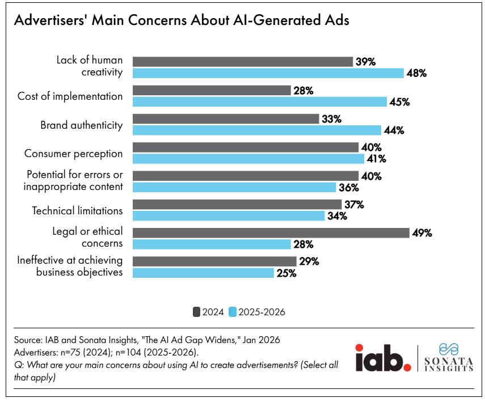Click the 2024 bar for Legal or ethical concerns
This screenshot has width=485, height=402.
[271, 233]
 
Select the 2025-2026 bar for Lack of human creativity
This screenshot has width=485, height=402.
[268, 73]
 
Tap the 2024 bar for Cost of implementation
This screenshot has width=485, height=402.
[212, 91]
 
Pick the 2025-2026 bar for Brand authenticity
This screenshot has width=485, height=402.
[256, 130]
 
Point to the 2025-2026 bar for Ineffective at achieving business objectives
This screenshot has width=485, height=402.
[203, 273]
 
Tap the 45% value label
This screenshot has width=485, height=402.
[400, 102]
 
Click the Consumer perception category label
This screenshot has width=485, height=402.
[74, 153]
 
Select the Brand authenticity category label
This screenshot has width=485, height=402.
[82, 125]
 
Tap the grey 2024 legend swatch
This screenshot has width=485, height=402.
[197, 311]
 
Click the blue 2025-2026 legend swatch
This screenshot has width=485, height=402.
[233, 311]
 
